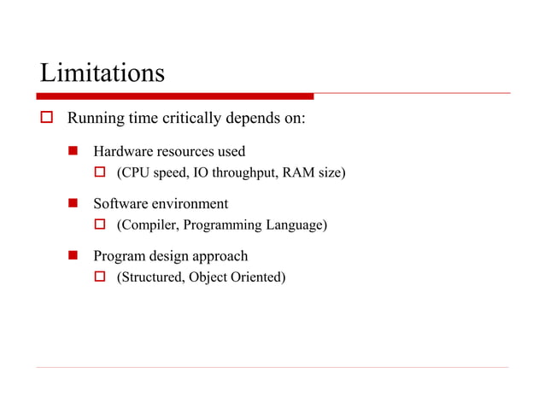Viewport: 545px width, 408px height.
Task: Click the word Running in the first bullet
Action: [95, 117]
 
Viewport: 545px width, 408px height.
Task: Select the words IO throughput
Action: [229, 173]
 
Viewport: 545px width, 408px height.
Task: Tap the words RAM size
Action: [313, 173]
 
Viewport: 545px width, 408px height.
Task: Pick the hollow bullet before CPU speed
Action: [98, 173]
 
